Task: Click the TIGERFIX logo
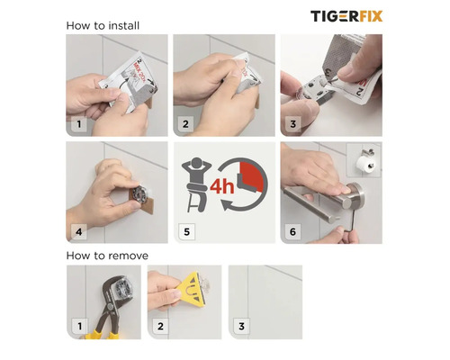click(346, 16)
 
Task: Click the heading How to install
click(102, 24)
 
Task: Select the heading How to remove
click(107, 256)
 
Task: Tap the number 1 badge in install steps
click(79, 124)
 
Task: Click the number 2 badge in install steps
click(186, 124)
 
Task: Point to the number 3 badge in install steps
click(293, 124)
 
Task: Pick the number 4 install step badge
click(79, 231)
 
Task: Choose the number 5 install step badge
click(186, 231)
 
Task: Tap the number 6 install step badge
click(293, 231)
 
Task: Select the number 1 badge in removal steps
click(79, 325)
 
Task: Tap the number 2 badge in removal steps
click(160, 325)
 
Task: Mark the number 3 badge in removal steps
click(240, 325)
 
